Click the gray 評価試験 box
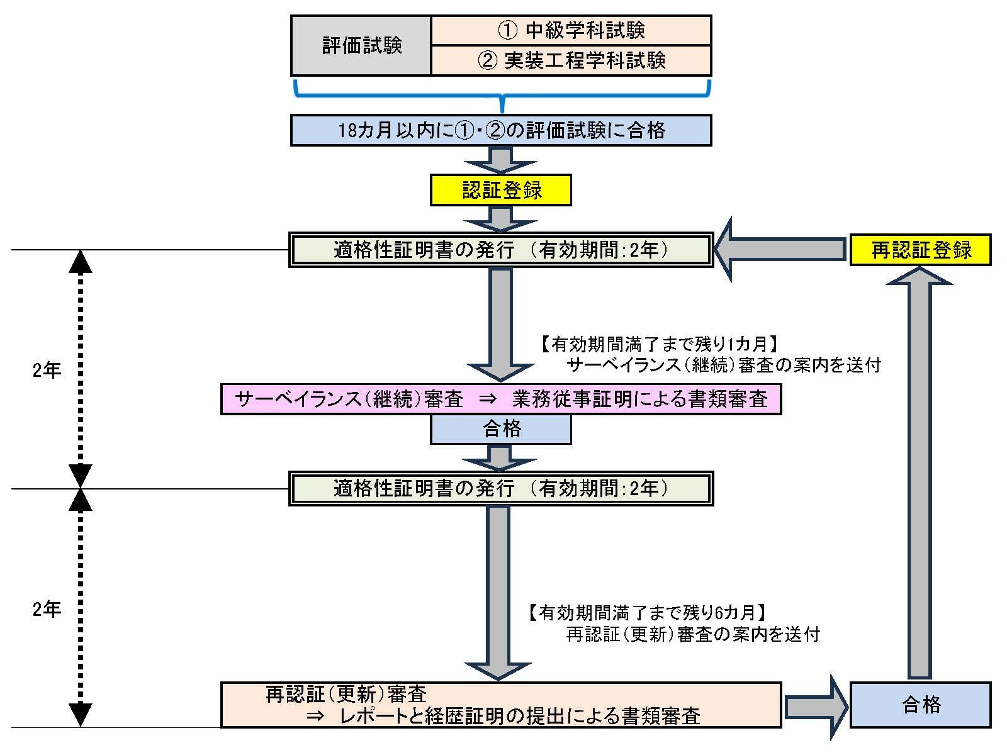pyautogui.click(x=361, y=46)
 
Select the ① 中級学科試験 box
pyautogui.click(x=571, y=30)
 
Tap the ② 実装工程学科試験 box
pyautogui.click(x=571, y=60)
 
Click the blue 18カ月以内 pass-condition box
pyautogui.click(x=501, y=130)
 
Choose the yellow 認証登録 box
pyautogui.click(x=501, y=190)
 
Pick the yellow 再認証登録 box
pyautogui.click(x=920, y=250)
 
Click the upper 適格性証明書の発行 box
pyautogui.click(x=501, y=250)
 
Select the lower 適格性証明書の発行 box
pyautogui.click(x=501, y=488)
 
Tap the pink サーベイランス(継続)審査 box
pyautogui.click(x=501, y=399)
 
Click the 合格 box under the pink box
pyautogui.click(x=501, y=429)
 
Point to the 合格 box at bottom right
pyautogui.click(x=920, y=705)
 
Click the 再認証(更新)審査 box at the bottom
pyautogui.click(x=501, y=705)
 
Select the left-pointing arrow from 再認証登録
pyautogui.click(x=780, y=250)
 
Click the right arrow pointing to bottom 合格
pyautogui.click(x=815, y=707)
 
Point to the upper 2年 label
pyautogui.click(x=47, y=370)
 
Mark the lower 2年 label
pyautogui.click(x=47, y=609)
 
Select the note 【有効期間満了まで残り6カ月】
pyautogui.click(x=648, y=612)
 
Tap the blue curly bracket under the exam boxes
pyautogui.click(x=502, y=98)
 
